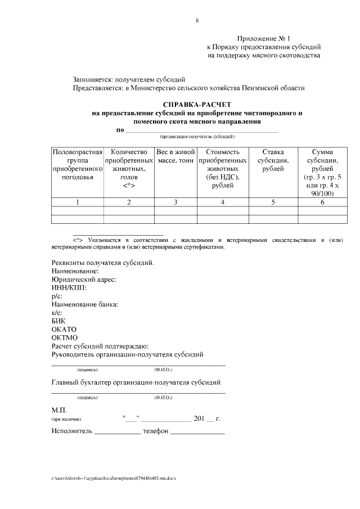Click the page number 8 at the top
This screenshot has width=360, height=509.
197,21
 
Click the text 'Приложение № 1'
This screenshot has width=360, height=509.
263,38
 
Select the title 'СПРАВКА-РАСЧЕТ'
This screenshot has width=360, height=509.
197,105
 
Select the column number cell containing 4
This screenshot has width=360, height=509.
223,202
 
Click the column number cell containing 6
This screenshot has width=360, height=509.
322,202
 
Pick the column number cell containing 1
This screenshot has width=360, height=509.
77,202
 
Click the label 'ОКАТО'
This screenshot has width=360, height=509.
64,329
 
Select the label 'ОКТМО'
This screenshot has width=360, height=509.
64,337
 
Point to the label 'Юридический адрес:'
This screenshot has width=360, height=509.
84,280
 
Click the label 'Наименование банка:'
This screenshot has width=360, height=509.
85,304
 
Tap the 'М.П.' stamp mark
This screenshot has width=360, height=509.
59,411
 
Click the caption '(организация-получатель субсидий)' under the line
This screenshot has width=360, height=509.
197,137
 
